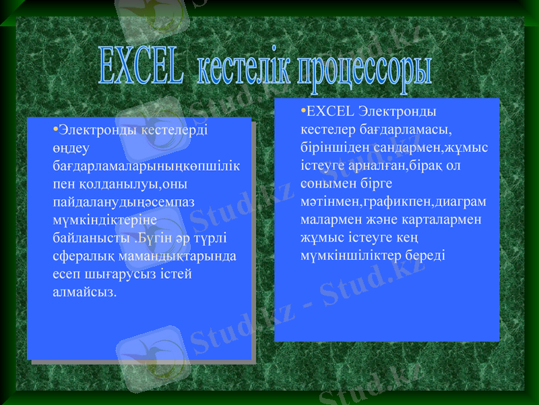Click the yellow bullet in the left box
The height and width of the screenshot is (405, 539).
tap(55, 128)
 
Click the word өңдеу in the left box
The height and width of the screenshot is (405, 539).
tap(69, 146)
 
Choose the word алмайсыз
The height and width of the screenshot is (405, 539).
tap(84, 292)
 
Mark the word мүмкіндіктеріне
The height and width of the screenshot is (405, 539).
tap(104, 219)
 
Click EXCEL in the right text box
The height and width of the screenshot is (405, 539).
tap(331, 110)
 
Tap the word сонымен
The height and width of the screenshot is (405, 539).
tap(327, 183)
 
